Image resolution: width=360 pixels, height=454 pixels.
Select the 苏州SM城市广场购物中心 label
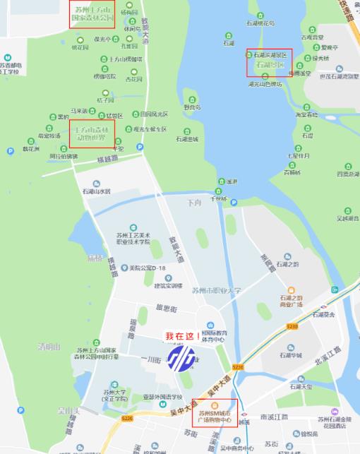coord(215,417)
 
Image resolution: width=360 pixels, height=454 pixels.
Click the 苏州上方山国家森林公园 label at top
coord(93,13)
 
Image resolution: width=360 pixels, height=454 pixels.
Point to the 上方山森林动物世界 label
coord(92,134)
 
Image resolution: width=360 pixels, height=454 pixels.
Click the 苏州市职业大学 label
coord(217,290)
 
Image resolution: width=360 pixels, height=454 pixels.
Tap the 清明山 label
coord(49,347)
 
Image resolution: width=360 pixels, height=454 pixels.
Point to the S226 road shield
coord(127,419)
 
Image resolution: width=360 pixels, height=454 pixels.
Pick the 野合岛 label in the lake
coord(193,107)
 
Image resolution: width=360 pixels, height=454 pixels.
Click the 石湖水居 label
coord(96,191)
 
